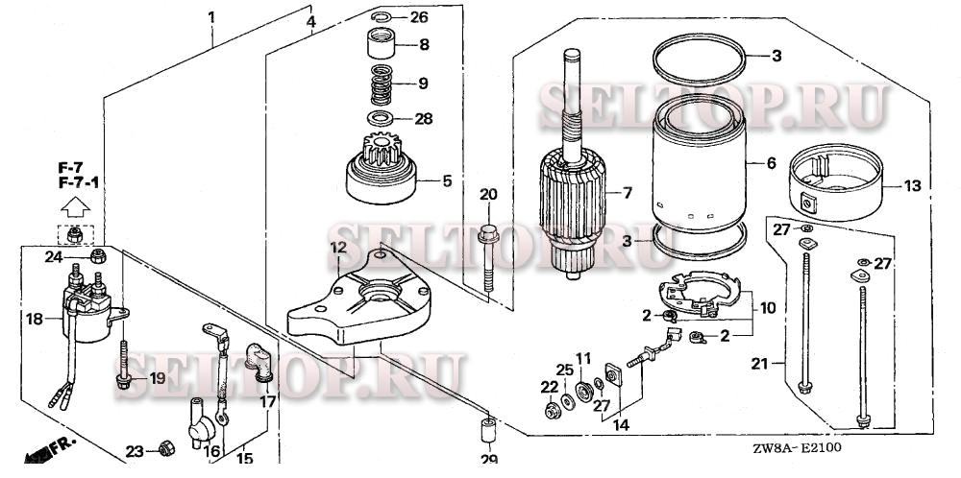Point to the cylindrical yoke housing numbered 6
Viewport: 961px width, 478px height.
700,168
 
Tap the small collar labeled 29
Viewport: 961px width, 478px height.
487,425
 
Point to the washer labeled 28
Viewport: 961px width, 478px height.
382,119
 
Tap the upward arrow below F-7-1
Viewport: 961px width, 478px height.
73,204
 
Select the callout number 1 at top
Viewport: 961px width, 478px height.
211,17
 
